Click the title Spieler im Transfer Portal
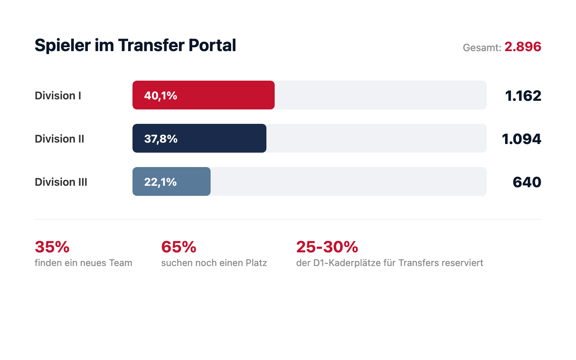[x=135, y=46]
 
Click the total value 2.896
[x=523, y=47]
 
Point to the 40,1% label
[x=161, y=95]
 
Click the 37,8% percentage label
[x=161, y=139]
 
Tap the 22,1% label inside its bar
[x=160, y=182]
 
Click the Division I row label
[x=58, y=95]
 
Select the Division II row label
[x=59, y=139]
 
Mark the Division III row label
[x=61, y=182]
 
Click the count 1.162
[x=523, y=96]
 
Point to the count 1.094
[x=521, y=139]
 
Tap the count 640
[x=527, y=182]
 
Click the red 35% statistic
[x=52, y=247]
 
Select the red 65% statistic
[x=179, y=247]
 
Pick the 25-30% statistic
[x=327, y=247]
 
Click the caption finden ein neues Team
[x=83, y=263]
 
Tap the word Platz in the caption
[x=256, y=263]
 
